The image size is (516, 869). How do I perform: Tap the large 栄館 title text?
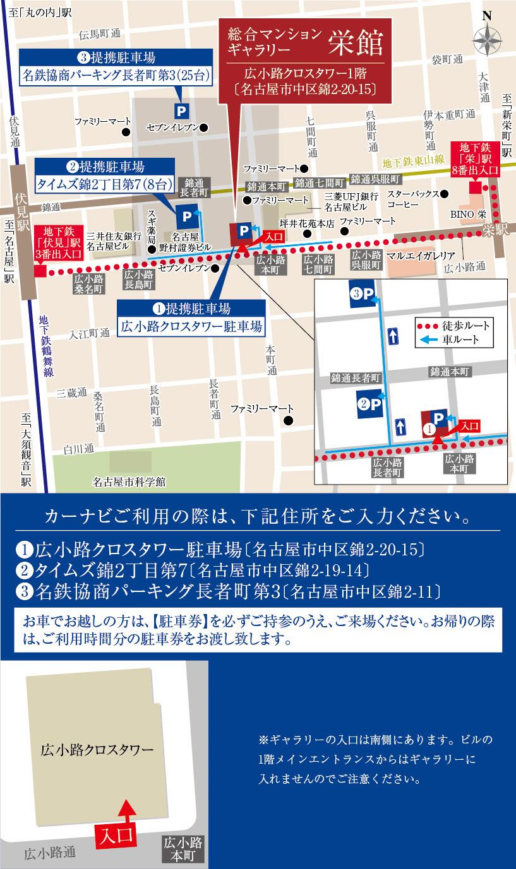[355, 44]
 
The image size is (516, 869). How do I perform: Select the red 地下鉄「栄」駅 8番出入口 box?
[476, 161]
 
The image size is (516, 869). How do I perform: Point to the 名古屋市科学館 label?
[129, 482]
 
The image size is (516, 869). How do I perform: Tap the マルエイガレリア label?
[421, 256]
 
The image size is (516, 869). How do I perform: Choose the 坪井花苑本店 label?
[306, 223]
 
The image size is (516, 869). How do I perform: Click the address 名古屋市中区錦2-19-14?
[282, 570]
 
